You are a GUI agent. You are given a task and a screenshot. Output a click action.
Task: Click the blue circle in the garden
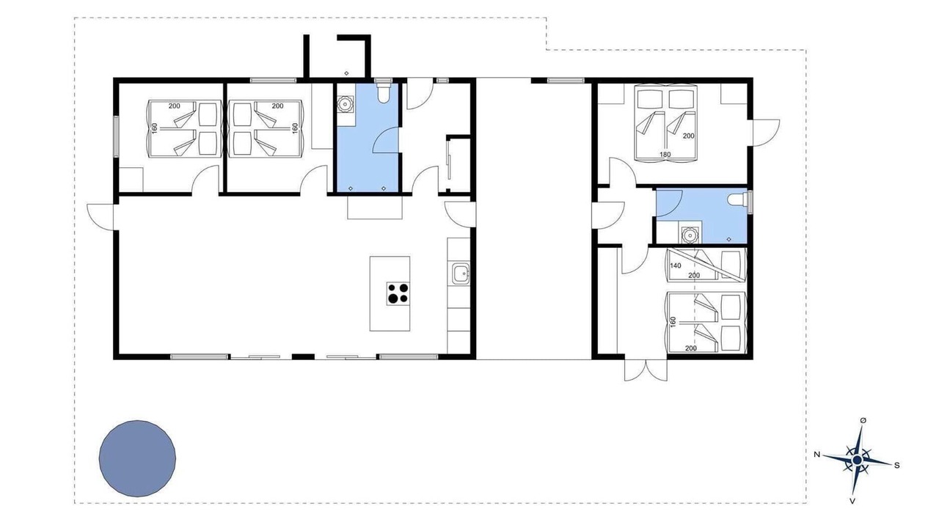(137, 459)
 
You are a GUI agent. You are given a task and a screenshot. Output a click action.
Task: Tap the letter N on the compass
(817, 454)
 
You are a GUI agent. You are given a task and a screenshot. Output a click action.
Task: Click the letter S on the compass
(896, 465)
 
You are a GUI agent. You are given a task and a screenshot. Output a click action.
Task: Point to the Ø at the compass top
(863, 420)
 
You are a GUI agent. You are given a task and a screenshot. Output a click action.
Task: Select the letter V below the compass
(852, 501)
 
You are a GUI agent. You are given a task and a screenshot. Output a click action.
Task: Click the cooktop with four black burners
(398, 293)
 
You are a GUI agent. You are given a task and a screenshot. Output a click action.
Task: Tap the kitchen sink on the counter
(460, 274)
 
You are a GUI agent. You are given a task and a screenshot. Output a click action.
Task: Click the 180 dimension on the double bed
(665, 154)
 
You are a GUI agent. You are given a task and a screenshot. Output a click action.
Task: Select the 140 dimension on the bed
(676, 265)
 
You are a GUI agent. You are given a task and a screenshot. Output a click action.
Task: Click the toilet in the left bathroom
(384, 92)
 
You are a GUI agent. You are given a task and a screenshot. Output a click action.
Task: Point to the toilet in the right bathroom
(738, 199)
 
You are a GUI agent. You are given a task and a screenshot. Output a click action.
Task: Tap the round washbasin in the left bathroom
(345, 103)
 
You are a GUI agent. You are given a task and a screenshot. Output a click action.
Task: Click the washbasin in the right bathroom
(690, 235)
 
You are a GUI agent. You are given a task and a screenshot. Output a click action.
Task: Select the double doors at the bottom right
(646, 370)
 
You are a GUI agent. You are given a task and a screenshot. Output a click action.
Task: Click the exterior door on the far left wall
(101, 216)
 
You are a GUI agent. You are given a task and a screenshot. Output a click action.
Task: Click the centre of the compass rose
(858, 461)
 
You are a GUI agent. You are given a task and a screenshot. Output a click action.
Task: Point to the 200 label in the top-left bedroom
(175, 106)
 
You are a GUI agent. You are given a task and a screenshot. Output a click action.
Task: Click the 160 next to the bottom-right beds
(673, 322)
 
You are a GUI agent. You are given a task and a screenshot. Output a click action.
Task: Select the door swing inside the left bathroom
(385, 141)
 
